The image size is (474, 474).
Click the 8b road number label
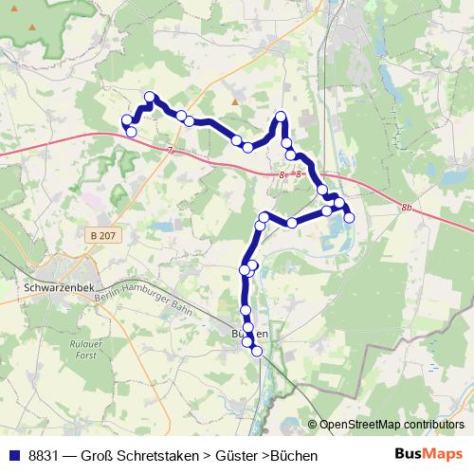tap(408, 206)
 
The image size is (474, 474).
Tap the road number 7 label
tap(169, 151)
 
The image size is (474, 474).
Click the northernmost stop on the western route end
tap(150, 97)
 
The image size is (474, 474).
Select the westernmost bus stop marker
tap(125, 119)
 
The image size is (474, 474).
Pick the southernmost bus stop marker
tap(256, 352)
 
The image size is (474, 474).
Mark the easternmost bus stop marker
tap(349, 218)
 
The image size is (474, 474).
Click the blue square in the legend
tap(13, 455)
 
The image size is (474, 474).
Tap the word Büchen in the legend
tap(294, 455)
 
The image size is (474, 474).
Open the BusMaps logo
tap(428, 454)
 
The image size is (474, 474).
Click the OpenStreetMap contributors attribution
tap(392, 424)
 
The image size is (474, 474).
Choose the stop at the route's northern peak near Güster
tap(281, 117)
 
